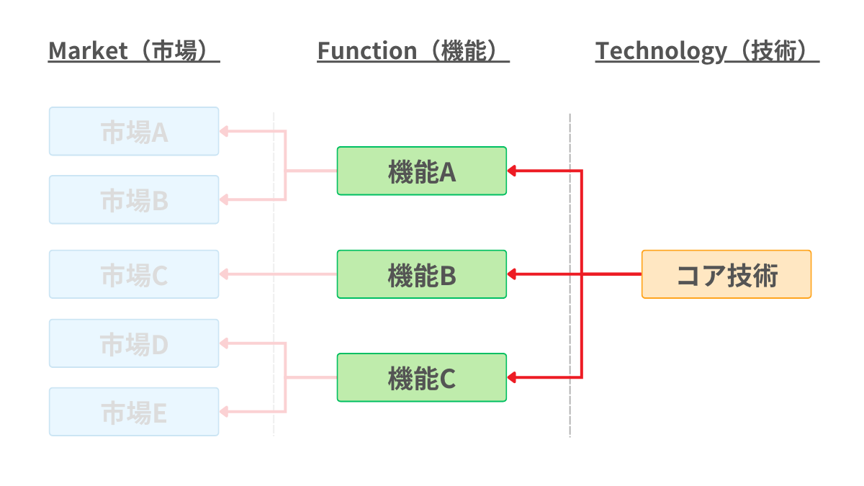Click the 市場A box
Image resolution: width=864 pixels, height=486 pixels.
[134, 131]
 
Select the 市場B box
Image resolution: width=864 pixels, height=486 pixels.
[134, 199]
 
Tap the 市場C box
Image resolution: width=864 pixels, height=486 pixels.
[134, 274]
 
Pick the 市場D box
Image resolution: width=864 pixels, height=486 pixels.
[134, 343]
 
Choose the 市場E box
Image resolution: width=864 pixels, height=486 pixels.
[134, 412]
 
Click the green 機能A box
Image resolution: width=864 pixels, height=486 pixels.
[421, 171]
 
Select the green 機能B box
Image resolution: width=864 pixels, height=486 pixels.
[421, 274]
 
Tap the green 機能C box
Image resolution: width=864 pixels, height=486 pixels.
[421, 377]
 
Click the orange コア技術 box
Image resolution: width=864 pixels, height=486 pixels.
[726, 274]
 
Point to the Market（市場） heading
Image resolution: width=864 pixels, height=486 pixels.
[134, 51]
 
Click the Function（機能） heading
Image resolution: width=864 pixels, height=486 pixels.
[413, 51]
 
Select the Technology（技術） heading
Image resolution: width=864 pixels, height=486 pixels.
[707, 51]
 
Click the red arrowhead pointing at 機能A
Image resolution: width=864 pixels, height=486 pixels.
[512, 171]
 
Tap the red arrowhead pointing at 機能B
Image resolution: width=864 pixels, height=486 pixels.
[512, 274]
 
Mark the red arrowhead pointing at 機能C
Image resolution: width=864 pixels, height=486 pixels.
[512, 377]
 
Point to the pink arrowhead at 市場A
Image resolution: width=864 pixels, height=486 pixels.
[224, 131]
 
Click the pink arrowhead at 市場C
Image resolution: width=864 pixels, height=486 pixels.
[224, 274]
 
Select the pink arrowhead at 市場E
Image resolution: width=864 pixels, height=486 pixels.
[224, 412]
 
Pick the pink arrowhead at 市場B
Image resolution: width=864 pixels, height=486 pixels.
[224, 199]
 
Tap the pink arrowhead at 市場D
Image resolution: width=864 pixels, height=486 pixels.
[224, 343]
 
